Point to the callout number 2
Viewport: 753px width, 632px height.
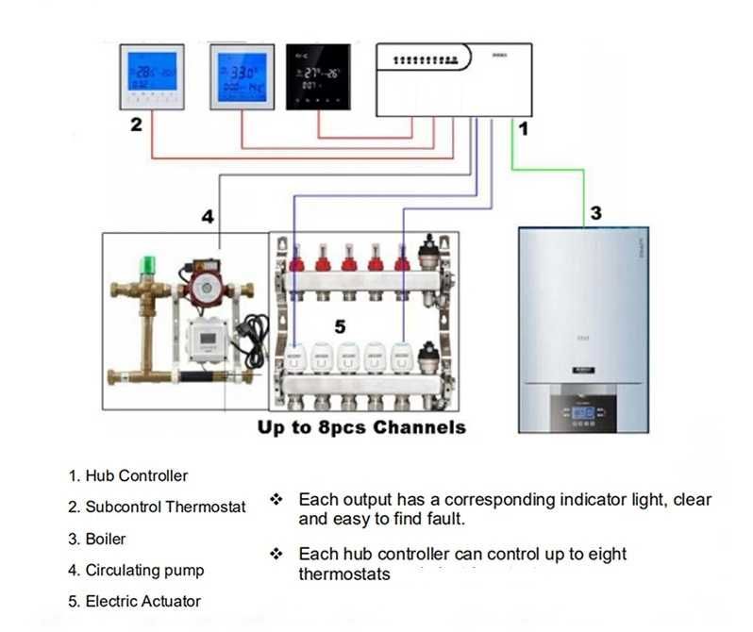[x=136, y=125]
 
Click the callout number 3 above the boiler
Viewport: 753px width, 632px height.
[x=595, y=213]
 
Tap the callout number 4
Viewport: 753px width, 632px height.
[x=208, y=217]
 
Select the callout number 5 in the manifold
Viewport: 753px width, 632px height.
[x=341, y=325]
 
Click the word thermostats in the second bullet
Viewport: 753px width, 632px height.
[x=343, y=574]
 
